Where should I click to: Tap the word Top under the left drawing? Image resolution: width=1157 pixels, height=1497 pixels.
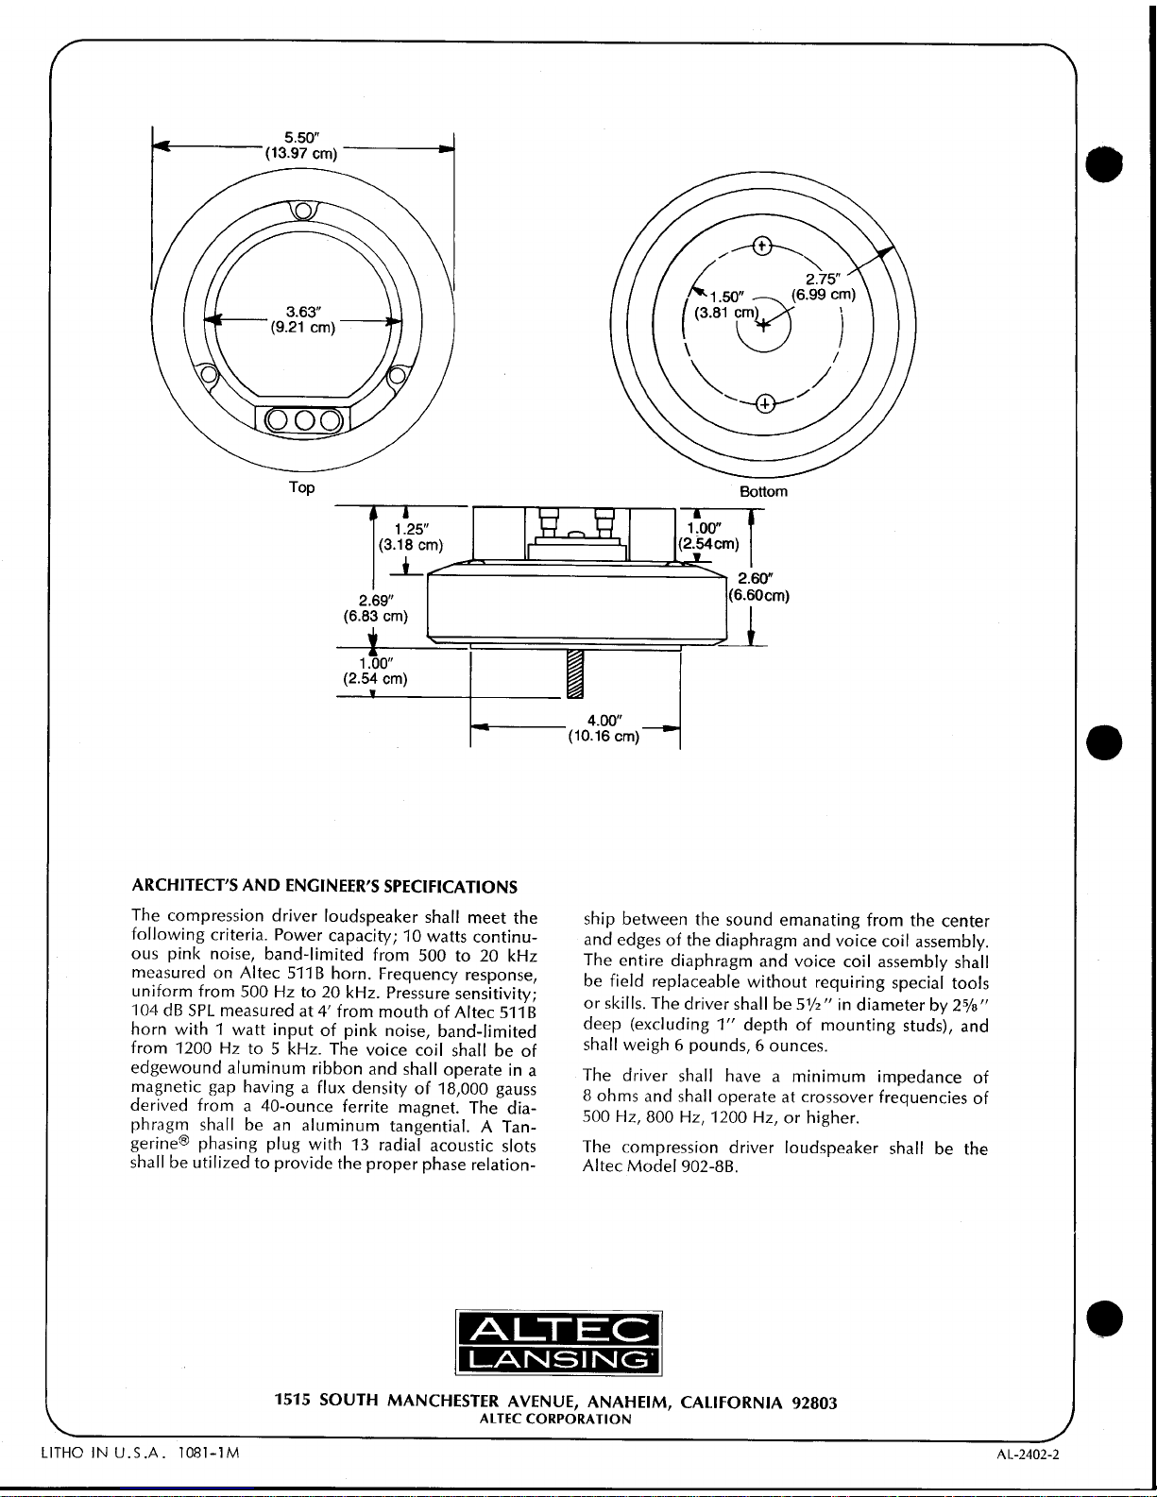click(301, 487)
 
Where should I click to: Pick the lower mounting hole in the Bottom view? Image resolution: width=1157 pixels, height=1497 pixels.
click(765, 404)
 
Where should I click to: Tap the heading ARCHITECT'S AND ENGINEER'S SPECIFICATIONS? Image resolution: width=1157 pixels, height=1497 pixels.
click(324, 887)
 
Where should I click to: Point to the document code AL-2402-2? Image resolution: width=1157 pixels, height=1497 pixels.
click(1028, 1454)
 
